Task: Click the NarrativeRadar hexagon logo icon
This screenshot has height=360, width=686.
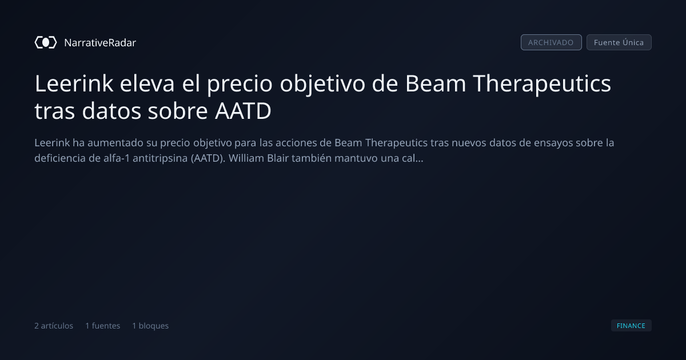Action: pyautogui.click(x=46, y=42)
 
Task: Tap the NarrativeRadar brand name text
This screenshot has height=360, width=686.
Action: pyautogui.click(x=100, y=42)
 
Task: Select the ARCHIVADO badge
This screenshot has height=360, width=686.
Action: pyautogui.click(x=551, y=42)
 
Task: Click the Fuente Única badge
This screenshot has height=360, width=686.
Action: pyautogui.click(x=619, y=42)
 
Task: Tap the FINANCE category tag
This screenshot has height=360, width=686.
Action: pyautogui.click(x=631, y=325)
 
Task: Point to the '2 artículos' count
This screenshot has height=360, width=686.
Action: pyautogui.click(x=54, y=326)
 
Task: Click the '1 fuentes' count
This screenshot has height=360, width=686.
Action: pyautogui.click(x=102, y=326)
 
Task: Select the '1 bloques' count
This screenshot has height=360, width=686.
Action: pyautogui.click(x=150, y=326)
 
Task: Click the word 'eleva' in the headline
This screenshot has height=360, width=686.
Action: pyautogui.click(x=147, y=83)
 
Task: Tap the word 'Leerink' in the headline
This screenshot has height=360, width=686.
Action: pyautogui.click(x=74, y=83)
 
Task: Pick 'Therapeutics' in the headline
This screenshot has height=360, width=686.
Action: pyautogui.click(x=542, y=83)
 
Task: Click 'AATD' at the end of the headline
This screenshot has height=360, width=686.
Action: pyautogui.click(x=243, y=111)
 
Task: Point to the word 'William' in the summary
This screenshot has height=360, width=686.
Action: pyautogui.click(x=246, y=158)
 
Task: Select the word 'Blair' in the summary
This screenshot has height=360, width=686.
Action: pyautogui.click(x=278, y=158)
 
